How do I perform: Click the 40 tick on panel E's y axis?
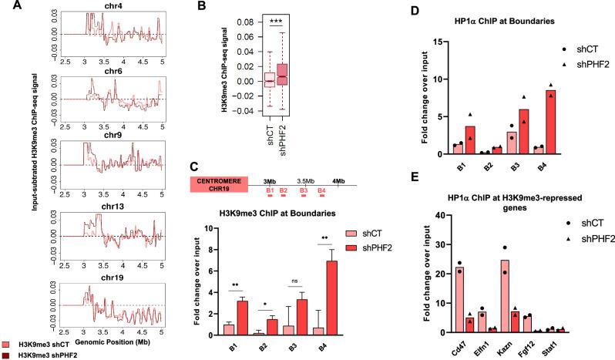[422, 216]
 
